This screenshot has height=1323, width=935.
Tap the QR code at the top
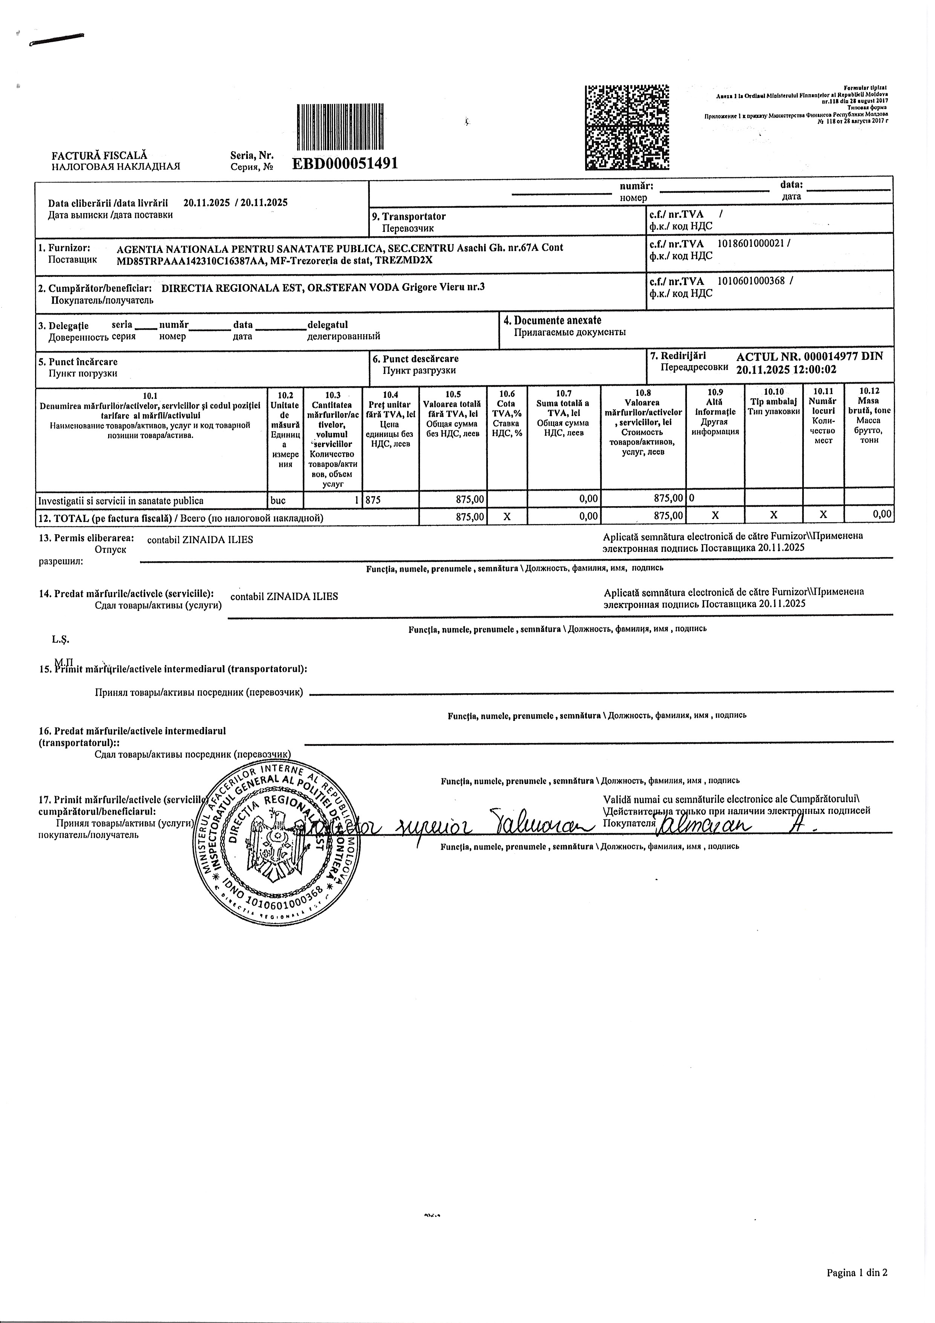[627, 127]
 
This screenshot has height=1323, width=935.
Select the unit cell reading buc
[278, 501]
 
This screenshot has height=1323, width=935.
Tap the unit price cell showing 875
[373, 501]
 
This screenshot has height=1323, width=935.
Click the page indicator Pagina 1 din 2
[857, 1273]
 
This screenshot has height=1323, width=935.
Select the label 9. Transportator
[414, 216]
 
